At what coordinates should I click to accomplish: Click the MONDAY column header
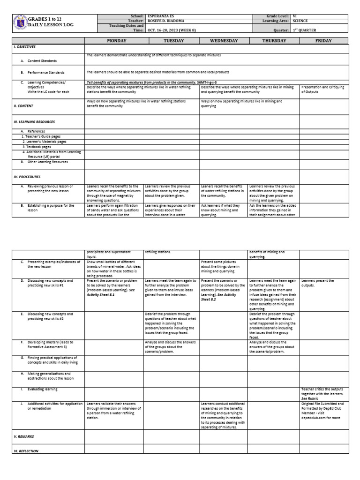(x=113, y=41)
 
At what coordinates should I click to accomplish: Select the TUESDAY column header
(x=171, y=41)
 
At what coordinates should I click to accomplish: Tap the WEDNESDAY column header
(x=224, y=41)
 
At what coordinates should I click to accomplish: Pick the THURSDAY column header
(x=274, y=41)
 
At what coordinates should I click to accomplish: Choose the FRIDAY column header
(x=323, y=41)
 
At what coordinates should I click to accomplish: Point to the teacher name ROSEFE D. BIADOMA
(x=166, y=21)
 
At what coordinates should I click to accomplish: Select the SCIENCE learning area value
(x=300, y=21)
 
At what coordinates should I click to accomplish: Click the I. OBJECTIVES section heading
(x=24, y=47)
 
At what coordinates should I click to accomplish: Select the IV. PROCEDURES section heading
(x=27, y=177)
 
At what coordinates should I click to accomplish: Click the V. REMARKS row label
(x=24, y=436)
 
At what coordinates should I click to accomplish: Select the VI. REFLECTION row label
(x=26, y=450)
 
